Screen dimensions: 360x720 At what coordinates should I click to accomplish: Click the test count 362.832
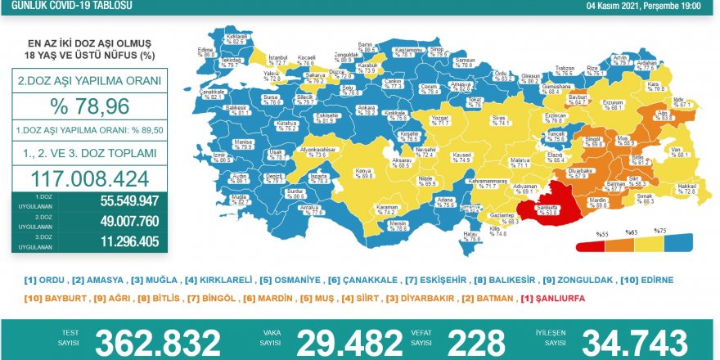157,342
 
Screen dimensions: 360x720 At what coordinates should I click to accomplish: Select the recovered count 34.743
634,342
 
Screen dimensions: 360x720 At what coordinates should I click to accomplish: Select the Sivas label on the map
502,119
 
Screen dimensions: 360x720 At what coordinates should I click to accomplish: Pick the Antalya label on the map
311,209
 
